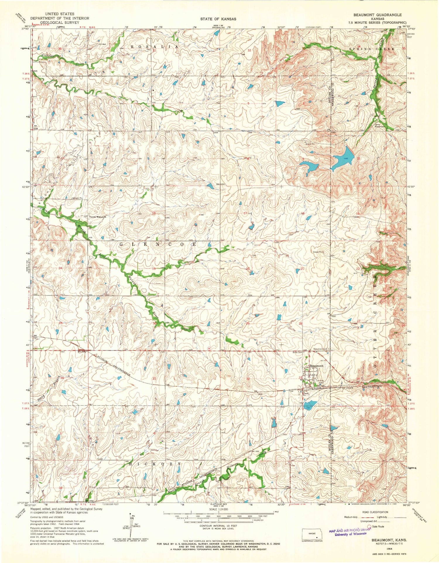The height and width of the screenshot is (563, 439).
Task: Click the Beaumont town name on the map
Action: (316, 366)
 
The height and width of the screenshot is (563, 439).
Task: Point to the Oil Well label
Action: (102, 45)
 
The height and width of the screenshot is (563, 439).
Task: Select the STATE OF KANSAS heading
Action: (218, 19)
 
